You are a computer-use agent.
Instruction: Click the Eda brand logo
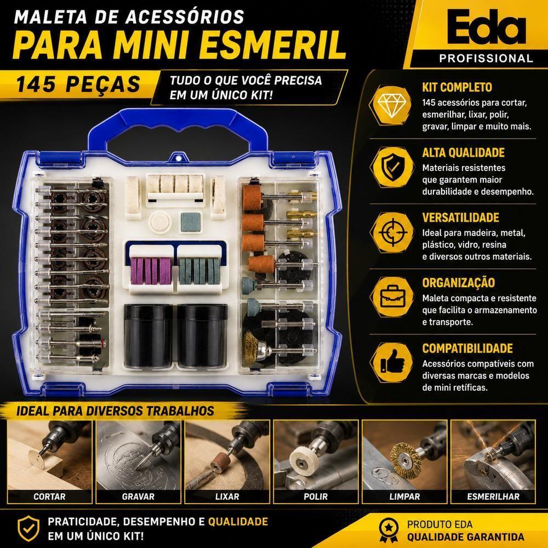tap(486, 26)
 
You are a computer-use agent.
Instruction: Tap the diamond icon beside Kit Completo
tap(391, 105)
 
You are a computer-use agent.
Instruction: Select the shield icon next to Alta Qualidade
tap(391, 167)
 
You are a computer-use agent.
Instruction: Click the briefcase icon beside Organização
tap(391, 297)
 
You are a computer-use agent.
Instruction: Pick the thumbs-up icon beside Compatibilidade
tap(391, 362)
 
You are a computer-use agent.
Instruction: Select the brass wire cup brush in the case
tap(252, 348)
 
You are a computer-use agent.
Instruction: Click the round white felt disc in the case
tap(160, 222)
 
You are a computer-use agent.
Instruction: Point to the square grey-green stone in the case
tap(191, 222)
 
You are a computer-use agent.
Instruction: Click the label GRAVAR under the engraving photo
tap(139, 496)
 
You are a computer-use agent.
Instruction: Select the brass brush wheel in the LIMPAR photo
tap(406, 460)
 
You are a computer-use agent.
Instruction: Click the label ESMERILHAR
tap(493, 496)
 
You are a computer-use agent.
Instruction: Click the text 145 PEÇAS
tap(78, 84)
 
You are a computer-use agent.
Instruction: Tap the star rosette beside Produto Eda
tap(389, 529)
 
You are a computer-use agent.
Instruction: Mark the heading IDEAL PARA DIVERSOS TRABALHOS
tap(115, 411)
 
